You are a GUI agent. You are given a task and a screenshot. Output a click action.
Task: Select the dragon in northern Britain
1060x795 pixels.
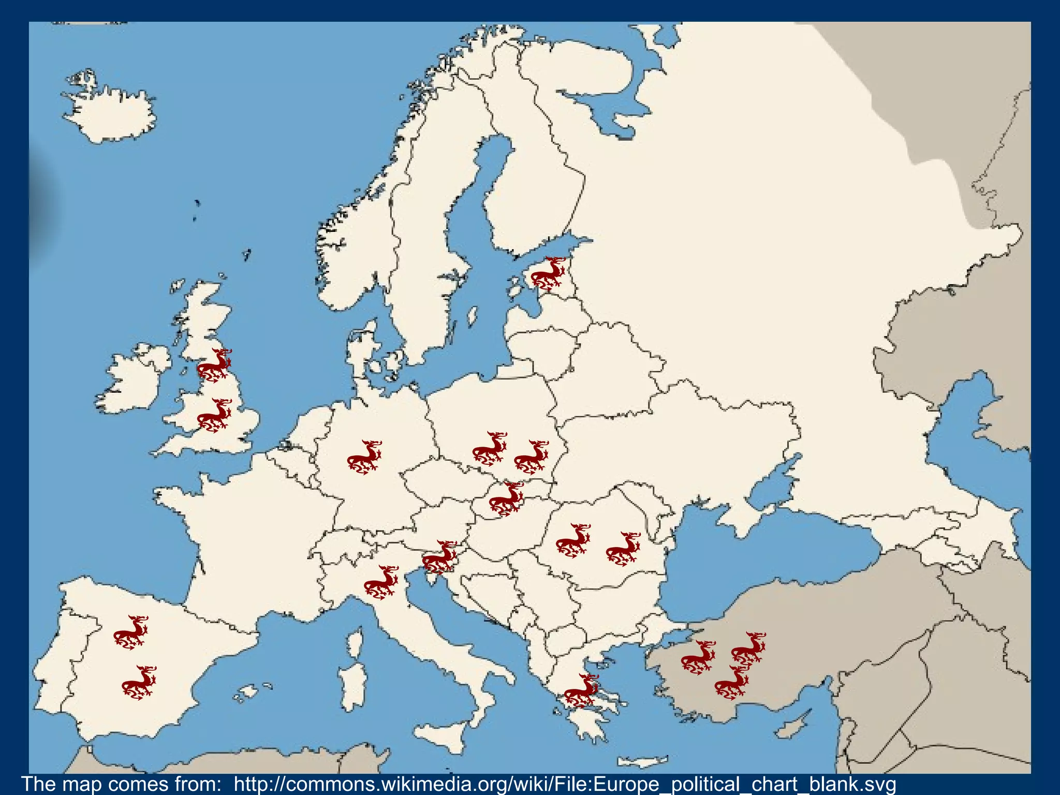coord(214,365)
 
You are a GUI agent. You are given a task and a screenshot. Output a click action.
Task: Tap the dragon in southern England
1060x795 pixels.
coord(214,415)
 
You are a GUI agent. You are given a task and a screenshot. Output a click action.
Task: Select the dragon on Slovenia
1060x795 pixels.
coord(439,557)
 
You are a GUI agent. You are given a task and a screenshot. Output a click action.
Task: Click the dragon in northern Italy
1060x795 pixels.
coord(381,582)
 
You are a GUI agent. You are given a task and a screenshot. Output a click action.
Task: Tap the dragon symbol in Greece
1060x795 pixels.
coord(581,690)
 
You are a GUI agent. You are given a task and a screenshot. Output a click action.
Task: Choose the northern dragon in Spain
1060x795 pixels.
coord(131,632)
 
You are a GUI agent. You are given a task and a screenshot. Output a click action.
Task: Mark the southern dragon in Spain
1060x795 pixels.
coord(139,683)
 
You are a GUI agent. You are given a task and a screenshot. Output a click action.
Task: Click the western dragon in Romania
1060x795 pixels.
coord(573,540)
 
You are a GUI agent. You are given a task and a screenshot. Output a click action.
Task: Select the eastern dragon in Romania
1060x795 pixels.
coord(623,549)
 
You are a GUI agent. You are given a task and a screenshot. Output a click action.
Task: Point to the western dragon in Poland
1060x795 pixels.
coord(490,448)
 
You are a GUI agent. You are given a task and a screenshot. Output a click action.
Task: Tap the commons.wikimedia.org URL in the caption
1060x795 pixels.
coord(564,784)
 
